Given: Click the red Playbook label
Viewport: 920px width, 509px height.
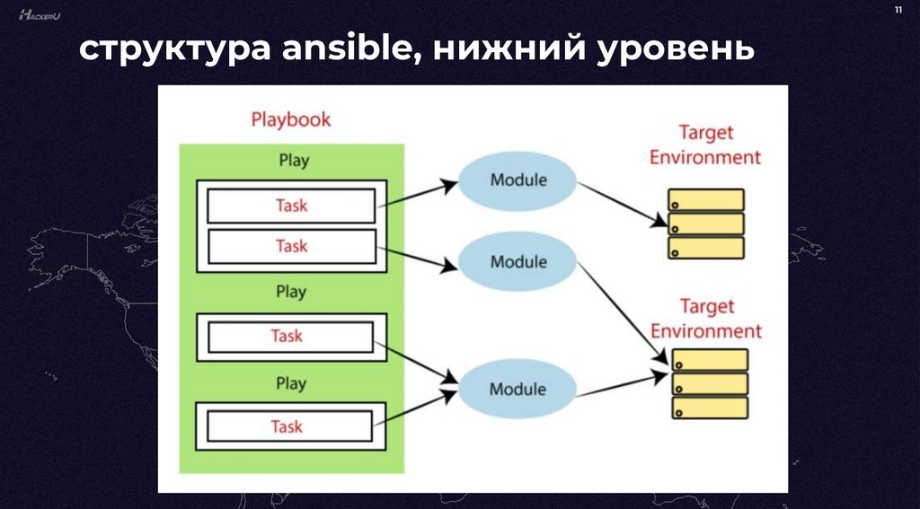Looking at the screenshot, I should (290, 119).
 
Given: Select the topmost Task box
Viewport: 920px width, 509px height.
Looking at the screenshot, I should (291, 206).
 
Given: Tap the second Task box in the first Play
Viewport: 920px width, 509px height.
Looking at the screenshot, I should (291, 245).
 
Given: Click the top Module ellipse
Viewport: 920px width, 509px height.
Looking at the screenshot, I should (517, 180).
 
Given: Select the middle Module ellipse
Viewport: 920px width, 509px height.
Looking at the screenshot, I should (517, 262).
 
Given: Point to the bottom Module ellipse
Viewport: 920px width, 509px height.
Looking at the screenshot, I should (517, 389).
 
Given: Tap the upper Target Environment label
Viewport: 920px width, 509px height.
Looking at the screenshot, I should (705, 145).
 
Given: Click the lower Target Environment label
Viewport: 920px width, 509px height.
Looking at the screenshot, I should (705, 319).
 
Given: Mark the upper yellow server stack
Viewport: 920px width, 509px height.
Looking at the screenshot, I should (705, 224).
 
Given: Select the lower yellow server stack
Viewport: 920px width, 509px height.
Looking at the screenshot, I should (710, 383).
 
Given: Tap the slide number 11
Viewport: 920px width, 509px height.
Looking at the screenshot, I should (898, 11).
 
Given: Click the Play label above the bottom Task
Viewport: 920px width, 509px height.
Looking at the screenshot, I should (291, 383).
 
